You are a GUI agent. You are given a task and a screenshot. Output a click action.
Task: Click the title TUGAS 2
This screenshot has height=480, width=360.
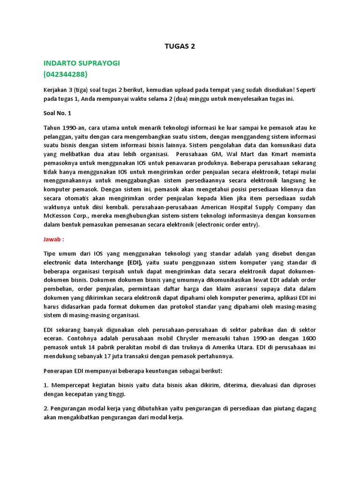(x=180, y=46)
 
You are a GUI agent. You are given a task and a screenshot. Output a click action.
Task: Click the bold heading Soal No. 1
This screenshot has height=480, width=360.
(x=59, y=113)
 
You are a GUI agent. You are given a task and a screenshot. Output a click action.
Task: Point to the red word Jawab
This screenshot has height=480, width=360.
(x=52, y=239)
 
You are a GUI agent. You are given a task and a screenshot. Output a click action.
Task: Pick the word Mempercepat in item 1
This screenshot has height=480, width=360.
(x=70, y=385)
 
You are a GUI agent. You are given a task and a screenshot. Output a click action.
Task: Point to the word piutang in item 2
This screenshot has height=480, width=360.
(x=274, y=408)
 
